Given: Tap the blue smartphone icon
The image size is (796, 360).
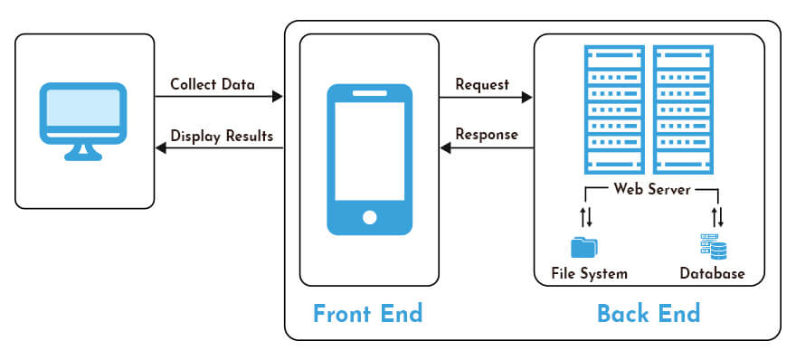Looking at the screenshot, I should [369, 159].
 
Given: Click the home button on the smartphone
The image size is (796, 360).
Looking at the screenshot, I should [369, 217].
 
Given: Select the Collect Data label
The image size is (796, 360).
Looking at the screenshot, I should [213, 85].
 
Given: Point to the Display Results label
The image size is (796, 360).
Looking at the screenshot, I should [222, 137].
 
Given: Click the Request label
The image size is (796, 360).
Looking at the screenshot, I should [482, 85].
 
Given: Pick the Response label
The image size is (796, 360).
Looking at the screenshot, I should [487, 135].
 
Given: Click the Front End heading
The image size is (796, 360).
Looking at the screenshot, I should [367, 313].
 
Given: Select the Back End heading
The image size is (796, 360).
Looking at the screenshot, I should [648, 313].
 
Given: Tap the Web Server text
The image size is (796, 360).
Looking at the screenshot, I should [651, 189].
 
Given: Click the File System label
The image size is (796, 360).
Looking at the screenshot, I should [589, 273].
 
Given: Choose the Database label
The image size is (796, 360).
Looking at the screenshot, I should [713, 273].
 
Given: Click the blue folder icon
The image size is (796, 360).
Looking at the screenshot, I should [585, 247].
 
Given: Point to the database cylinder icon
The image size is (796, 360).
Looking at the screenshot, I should [713, 246].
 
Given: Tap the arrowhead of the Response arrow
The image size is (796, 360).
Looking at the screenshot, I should [446, 147].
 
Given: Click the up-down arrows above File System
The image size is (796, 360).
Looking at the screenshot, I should [586, 217].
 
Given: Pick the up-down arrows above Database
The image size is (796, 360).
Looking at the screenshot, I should [717, 217].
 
